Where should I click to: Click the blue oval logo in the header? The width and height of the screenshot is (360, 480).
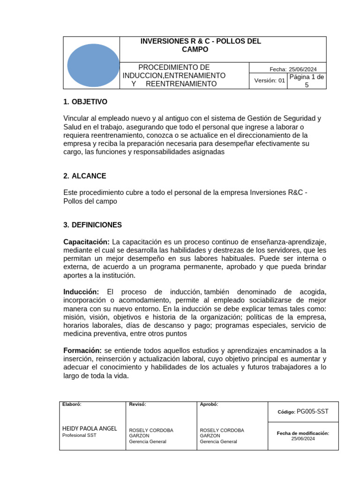[93, 65]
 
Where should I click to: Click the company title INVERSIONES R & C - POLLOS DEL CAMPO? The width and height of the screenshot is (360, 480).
[201, 45]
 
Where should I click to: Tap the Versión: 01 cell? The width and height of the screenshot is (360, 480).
[270, 81]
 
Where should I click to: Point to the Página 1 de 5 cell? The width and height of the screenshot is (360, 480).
[307, 81]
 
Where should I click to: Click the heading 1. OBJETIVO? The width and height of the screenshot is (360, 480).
[85, 102]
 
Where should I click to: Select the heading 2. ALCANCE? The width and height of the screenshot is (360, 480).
[85, 176]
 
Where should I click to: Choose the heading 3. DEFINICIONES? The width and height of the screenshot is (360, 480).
[92, 225]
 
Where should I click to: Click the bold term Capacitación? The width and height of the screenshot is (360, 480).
[86, 242]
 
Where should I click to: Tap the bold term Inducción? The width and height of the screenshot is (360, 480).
[81, 292]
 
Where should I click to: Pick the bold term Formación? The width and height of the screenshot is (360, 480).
[82, 351]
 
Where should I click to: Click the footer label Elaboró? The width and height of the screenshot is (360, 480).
[72, 405]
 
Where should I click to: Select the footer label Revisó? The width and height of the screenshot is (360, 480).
[137, 405]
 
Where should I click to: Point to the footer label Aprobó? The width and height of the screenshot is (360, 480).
[209, 405]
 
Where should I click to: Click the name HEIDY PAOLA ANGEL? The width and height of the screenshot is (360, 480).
[90, 428]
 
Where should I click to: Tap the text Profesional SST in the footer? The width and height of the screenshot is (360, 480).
[79, 435]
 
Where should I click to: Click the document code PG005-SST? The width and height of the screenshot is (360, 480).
[313, 412]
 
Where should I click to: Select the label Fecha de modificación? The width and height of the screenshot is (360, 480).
[303, 434]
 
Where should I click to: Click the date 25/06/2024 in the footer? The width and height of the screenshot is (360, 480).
[303, 439]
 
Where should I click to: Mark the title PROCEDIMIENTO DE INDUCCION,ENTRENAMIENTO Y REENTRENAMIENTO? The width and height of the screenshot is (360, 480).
[174, 75]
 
